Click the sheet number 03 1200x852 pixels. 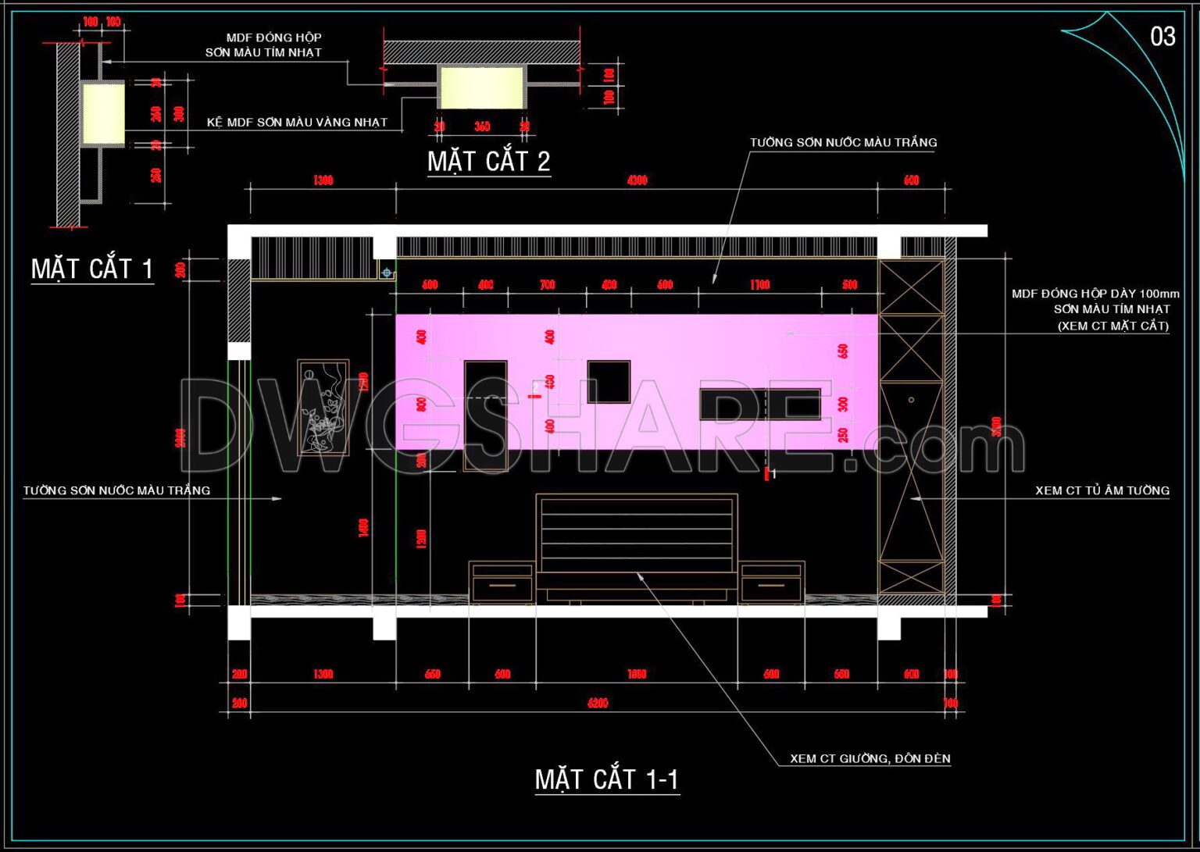1162,37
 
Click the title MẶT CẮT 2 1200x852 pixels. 489,161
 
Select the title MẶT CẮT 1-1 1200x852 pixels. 607,779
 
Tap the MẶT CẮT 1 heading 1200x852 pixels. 92,269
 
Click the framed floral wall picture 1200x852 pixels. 323,408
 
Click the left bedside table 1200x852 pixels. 502,583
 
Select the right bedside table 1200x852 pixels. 772,583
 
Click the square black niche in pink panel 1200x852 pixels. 609,382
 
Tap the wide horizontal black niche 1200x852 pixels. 759,405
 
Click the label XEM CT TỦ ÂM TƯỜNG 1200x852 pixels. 1102,490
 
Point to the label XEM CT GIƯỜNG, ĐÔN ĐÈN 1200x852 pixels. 870,758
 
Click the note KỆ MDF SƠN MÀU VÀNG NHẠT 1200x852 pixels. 297,122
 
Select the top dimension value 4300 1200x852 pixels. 637,180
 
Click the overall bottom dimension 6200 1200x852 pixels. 598,704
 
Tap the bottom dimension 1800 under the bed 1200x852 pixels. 637,674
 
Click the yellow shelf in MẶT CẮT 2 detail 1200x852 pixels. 481,87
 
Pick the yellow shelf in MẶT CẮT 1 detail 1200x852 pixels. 103,115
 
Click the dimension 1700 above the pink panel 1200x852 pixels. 759,285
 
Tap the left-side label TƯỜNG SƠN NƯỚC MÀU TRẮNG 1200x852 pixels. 116,490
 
